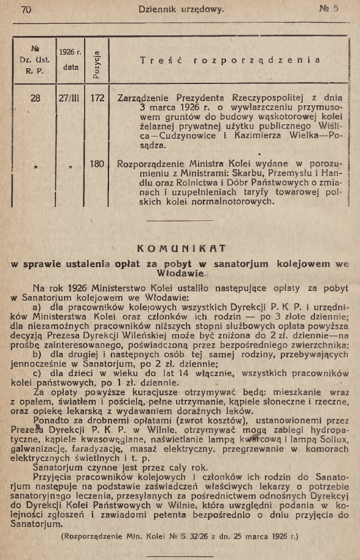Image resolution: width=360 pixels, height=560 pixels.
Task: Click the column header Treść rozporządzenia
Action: coord(228,60)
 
